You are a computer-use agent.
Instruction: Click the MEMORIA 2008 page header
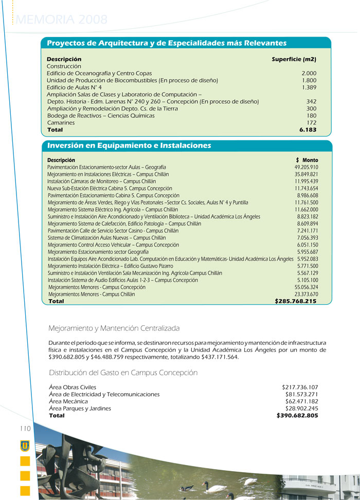[x=62, y=20]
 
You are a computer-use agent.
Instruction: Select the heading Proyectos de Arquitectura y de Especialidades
[x=167, y=43]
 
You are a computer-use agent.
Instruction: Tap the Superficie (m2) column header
[x=294, y=59]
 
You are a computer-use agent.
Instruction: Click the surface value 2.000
[x=309, y=73]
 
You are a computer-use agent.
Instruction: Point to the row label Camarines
[x=61, y=123]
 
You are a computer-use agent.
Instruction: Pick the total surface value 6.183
[x=308, y=130]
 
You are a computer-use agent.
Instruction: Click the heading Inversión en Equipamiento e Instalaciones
[x=129, y=145]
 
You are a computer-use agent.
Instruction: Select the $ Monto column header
[x=307, y=160]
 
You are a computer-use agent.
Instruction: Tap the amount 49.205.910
[x=306, y=168]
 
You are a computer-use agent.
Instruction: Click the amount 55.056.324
[x=306, y=287]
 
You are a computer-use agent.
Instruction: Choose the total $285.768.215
[x=295, y=301]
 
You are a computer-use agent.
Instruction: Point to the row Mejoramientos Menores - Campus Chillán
[x=92, y=294]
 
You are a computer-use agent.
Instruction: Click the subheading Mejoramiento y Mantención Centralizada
[x=114, y=328]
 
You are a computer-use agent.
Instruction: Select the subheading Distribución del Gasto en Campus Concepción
[x=123, y=373]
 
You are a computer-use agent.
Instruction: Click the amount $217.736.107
[x=300, y=387]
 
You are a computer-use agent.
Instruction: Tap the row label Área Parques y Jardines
[x=80, y=409]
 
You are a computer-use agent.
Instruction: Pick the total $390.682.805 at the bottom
[x=297, y=415]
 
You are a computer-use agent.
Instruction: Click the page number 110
[x=26, y=429]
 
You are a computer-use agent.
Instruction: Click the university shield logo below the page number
[x=25, y=446]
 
